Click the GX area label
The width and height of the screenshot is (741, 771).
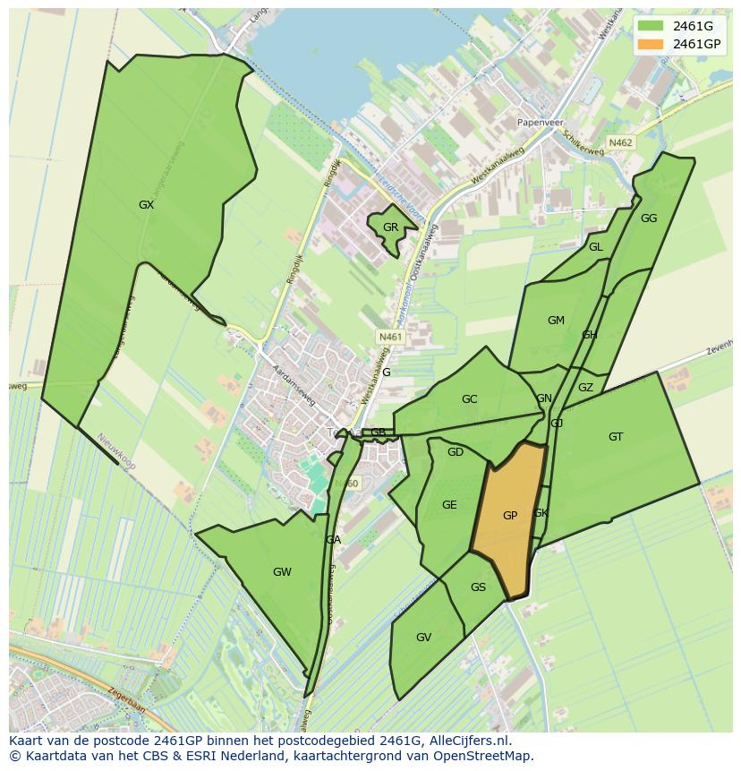pyautogui.click(x=147, y=205)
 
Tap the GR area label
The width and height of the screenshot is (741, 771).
pyautogui.click(x=390, y=227)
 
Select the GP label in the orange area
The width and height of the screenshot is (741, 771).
pyautogui.click(x=510, y=515)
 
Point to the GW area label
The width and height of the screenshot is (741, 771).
pyautogui.click(x=282, y=572)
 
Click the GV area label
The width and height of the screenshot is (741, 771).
pyautogui.click(x=424, y=638)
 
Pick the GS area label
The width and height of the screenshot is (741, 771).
pyautogui.click(x=478, y=587)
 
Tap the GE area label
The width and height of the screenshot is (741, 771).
pyautogui.click(x=449, y=505)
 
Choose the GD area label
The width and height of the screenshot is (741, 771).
pyautogui.click(x=456, y=452)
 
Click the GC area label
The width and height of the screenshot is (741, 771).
pyautogui.click(x=469, y=399)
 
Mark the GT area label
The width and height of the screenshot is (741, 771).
pyautogui.click(x=616, y=437)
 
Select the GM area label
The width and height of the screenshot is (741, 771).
pyautogui.click(x=556, y=321)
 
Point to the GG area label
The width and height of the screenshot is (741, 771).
pyautogui.click(x=649, y=218)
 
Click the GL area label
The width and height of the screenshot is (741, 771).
pyautogui.click(x=595, y=247)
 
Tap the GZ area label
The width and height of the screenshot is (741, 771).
pyautogui.click(x=585, y=388)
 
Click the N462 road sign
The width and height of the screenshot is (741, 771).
pyautogui.click(x=620, y=142)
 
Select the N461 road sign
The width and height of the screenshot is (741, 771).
pyautogui.click(x=391, y=337)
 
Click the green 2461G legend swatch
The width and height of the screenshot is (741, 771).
pyautogui.click(x=651, y=26)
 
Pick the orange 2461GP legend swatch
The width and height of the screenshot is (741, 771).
pyautogui.click(x=651, y=44)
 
